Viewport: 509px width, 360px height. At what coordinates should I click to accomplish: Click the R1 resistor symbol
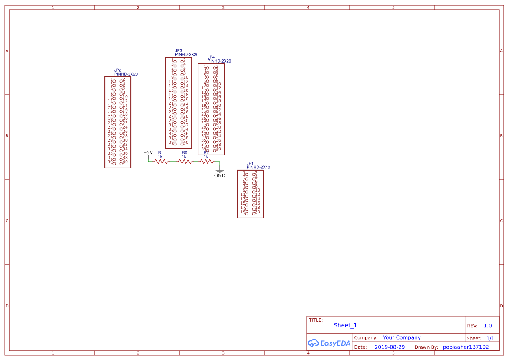click(161, 162)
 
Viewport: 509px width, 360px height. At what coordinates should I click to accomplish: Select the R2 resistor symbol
click(185, 162)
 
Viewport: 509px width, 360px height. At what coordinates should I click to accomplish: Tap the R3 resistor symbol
click(207, 162)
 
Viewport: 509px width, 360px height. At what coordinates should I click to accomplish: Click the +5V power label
click(149, 153)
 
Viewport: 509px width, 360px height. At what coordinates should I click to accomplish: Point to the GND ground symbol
click(220, 172)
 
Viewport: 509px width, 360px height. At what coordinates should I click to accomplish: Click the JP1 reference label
click(250, 163)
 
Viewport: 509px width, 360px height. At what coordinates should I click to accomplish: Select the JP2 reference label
click(118, 70)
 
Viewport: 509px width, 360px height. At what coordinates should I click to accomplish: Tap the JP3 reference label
click(178, 50)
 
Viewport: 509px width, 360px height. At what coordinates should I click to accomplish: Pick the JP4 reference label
click(211, 57)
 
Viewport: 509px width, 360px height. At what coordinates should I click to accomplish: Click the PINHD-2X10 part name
click(258, 167)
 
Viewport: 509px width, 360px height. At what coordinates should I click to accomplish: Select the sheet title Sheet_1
click(345, 325)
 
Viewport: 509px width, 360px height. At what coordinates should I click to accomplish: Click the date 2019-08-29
click(390, 347)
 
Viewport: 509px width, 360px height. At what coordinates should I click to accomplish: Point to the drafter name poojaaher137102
click(466, 347)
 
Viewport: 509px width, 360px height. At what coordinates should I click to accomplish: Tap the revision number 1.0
click(488, 326)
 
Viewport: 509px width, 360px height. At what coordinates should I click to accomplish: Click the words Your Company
click(402, 337)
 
